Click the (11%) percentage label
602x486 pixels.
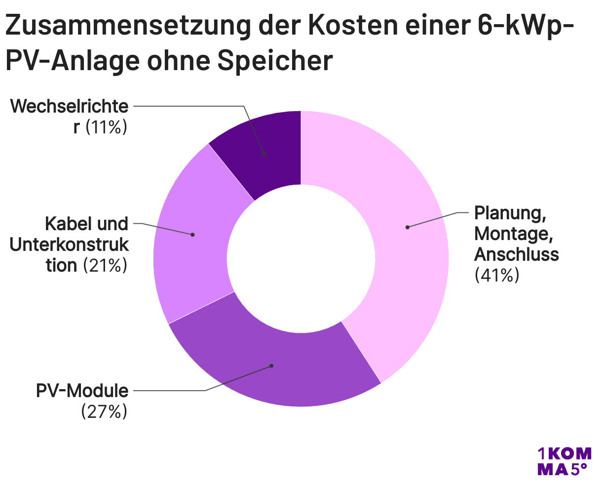[x=107, y=127]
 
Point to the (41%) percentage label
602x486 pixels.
[x=496, y=275]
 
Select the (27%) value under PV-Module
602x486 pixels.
[x=104, y=411]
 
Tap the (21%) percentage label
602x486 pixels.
[x=105, y=266]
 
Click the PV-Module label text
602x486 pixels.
[x=82, y=391]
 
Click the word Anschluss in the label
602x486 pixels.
[x=516, y=254]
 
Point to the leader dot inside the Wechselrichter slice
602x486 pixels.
[x=264, y=154]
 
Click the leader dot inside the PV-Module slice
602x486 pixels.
[x=271, y=366]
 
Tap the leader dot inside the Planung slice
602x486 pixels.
[x=407, y=227]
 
